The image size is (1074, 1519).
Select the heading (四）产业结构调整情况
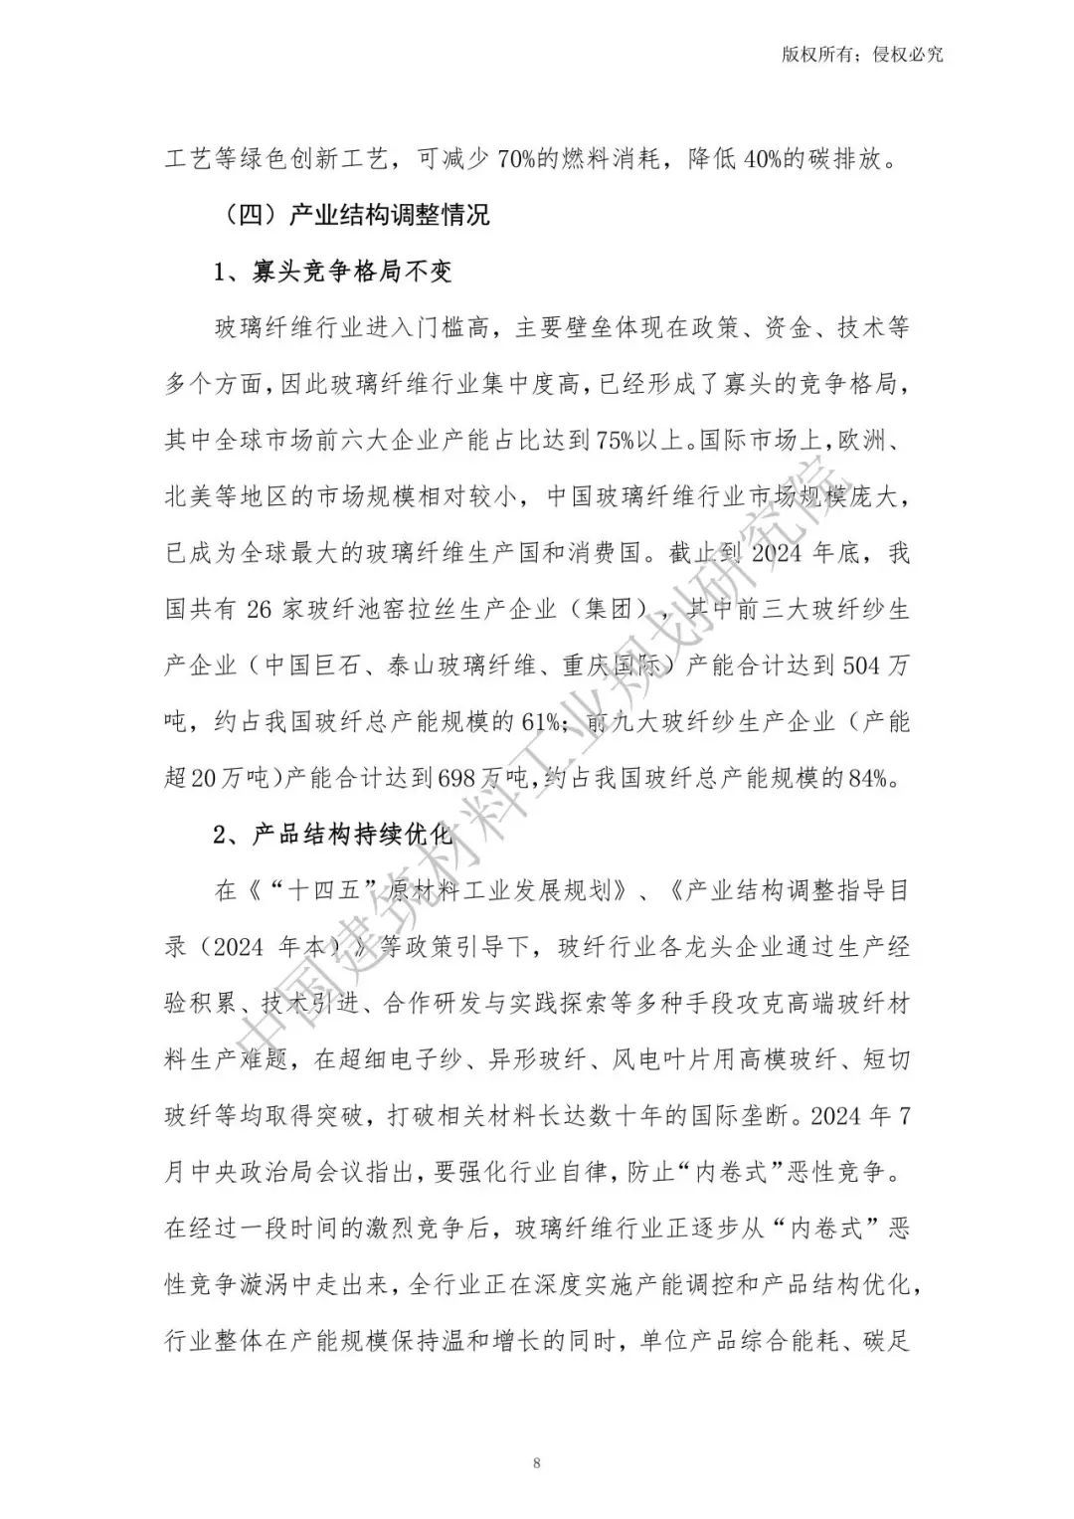[352, 214]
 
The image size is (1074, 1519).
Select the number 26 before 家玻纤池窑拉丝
[259, 609]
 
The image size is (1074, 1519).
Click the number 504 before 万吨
[861, 665]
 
